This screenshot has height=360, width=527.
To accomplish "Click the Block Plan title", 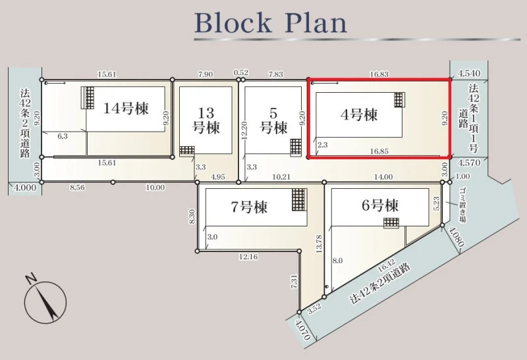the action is click(x=271, y=23).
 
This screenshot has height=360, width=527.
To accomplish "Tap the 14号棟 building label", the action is click(x=126, y=108).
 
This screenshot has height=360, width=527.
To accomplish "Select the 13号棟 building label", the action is click(x=206, y=120).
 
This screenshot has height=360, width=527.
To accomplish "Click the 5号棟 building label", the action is click(x=273, y=120).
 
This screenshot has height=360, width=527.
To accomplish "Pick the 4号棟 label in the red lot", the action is click(x=359, y=115).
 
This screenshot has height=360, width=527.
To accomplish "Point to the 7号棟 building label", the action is click(x=250, y=207).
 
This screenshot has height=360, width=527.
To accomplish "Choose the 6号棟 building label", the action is click(x=380, y=205).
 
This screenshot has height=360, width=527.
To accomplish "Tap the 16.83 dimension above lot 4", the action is click(x=379, y=74).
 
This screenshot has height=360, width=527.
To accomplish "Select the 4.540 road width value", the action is click(x=470, y=73).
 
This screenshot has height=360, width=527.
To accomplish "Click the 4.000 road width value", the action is click(x=25, y=187).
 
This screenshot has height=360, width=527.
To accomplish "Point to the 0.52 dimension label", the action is click(x=241, y=72).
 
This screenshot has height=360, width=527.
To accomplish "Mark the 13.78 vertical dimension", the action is click(x=319, y=244).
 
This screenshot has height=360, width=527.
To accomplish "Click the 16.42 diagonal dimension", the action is click(x=386, y=266).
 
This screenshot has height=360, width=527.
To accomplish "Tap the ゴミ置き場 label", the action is click(x=462, y=205).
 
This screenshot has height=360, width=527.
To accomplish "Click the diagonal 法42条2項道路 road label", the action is click(x=380, y=284).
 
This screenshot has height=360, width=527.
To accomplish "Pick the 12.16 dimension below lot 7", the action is click(x=248, y=257).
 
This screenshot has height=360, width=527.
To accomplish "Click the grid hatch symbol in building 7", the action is click(x=299, y=200).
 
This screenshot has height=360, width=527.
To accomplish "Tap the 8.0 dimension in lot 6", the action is click(x=337, y=261).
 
